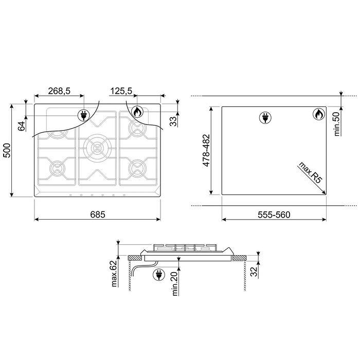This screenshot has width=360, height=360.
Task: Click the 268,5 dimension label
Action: [x=59, y=91]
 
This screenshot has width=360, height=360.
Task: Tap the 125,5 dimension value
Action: [x=121, y=91]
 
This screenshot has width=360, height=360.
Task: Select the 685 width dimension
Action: [x=98, y=214]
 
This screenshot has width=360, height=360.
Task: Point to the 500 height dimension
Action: [x=7, y=150]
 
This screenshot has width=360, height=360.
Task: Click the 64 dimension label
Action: [x=22, y=126]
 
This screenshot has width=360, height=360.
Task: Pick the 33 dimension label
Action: [x=174, y=121]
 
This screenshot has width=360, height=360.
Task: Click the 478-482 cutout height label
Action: [x=206, y=150]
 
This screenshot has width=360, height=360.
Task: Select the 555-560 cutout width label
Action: [x=274, y=214]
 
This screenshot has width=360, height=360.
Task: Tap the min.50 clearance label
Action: [x=336, y=124]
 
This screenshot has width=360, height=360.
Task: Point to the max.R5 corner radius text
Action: [x=310, y=172]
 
